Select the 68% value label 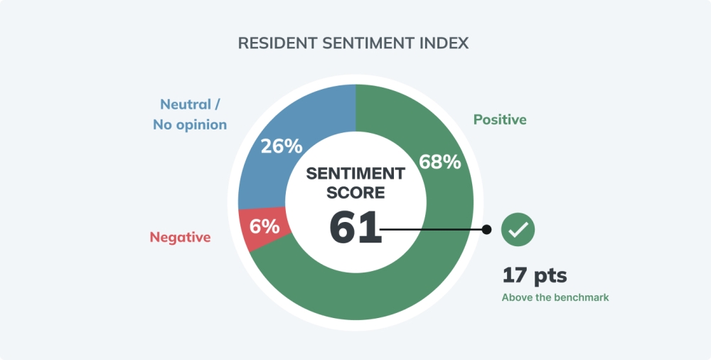440,162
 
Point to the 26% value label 281,146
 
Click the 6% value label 264,226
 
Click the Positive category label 500,120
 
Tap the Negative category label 180,238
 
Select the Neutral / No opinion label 190,115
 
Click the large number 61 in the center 355,228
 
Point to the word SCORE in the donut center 355,192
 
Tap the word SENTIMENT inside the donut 355,174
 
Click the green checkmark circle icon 518,229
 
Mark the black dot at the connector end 487,229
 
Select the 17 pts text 535,275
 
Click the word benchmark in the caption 581,298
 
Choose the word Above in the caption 517,298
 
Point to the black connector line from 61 434,229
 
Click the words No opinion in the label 190,125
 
